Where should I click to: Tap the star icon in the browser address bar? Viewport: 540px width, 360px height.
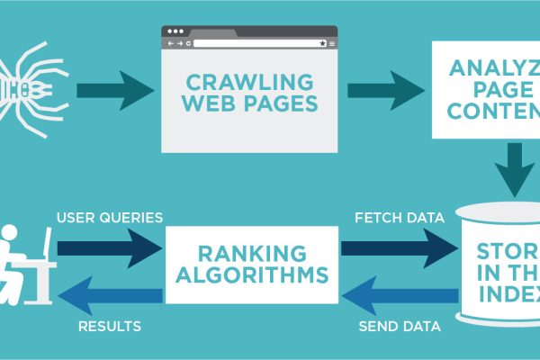(x=321, y=42)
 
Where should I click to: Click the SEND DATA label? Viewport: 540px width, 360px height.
(x=397, y=326)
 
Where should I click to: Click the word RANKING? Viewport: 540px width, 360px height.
(x=251, y=256)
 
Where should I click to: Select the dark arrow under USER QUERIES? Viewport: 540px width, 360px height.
(x=108, y=246)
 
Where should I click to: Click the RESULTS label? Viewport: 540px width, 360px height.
(x=107, y=326)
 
